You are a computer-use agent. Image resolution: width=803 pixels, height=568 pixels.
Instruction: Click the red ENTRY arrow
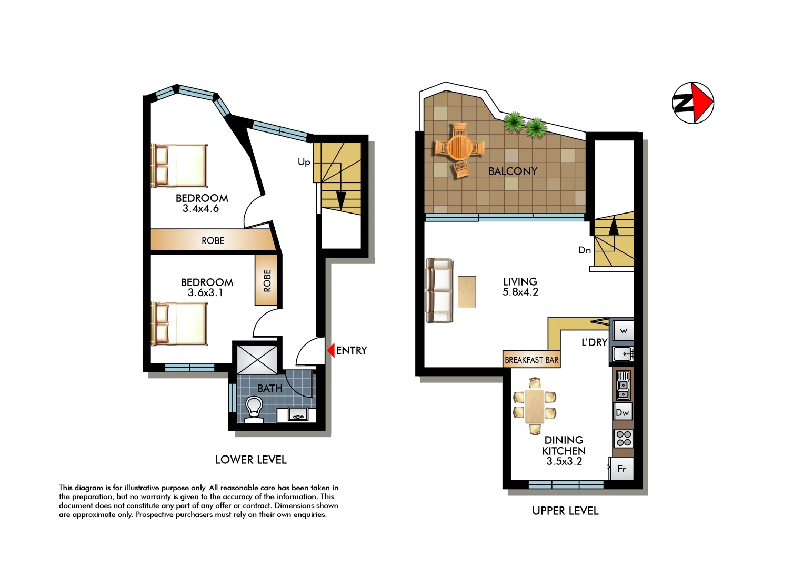(x=331, y=350)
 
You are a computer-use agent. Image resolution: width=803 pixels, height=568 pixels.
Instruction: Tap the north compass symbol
(x=693, y=103)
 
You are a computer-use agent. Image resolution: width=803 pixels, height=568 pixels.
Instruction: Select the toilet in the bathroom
(x=254, y=409)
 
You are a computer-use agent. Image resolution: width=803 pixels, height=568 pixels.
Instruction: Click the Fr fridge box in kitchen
(x=621, y=469)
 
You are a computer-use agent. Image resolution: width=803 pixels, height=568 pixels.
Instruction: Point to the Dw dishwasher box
(x=623, y=412)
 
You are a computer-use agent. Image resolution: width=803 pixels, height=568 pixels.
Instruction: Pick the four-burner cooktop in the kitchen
(x=624, y=438)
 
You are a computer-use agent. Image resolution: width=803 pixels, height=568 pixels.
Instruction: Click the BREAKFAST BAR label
(x=531, y=360)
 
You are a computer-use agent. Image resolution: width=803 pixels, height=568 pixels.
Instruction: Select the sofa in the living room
(x=439, y=290)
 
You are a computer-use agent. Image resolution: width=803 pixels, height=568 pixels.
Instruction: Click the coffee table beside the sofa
(x=467, y=292)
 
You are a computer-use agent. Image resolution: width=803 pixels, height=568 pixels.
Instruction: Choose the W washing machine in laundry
(x=624, y=331)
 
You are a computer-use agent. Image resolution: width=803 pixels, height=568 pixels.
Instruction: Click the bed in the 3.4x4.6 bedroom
(x=179, y=166)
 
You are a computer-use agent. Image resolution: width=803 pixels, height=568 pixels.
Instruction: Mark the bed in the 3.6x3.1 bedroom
(x=179, y=323)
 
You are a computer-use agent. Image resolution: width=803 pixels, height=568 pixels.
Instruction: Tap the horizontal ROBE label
(x=213, y=240)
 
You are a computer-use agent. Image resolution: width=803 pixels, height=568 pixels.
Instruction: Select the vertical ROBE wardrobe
(x=267, y=280)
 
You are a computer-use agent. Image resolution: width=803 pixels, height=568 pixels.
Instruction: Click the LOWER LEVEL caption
(x=251, y=460)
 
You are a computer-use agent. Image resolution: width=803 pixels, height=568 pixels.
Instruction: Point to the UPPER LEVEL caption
(x=565, y=511)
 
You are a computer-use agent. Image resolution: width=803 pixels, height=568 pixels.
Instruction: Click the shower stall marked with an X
(x=257, y=359)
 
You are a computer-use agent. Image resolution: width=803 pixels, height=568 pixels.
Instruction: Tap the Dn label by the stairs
(x=585, y=250)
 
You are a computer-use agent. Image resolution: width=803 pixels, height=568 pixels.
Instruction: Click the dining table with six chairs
(x=535, y=406)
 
